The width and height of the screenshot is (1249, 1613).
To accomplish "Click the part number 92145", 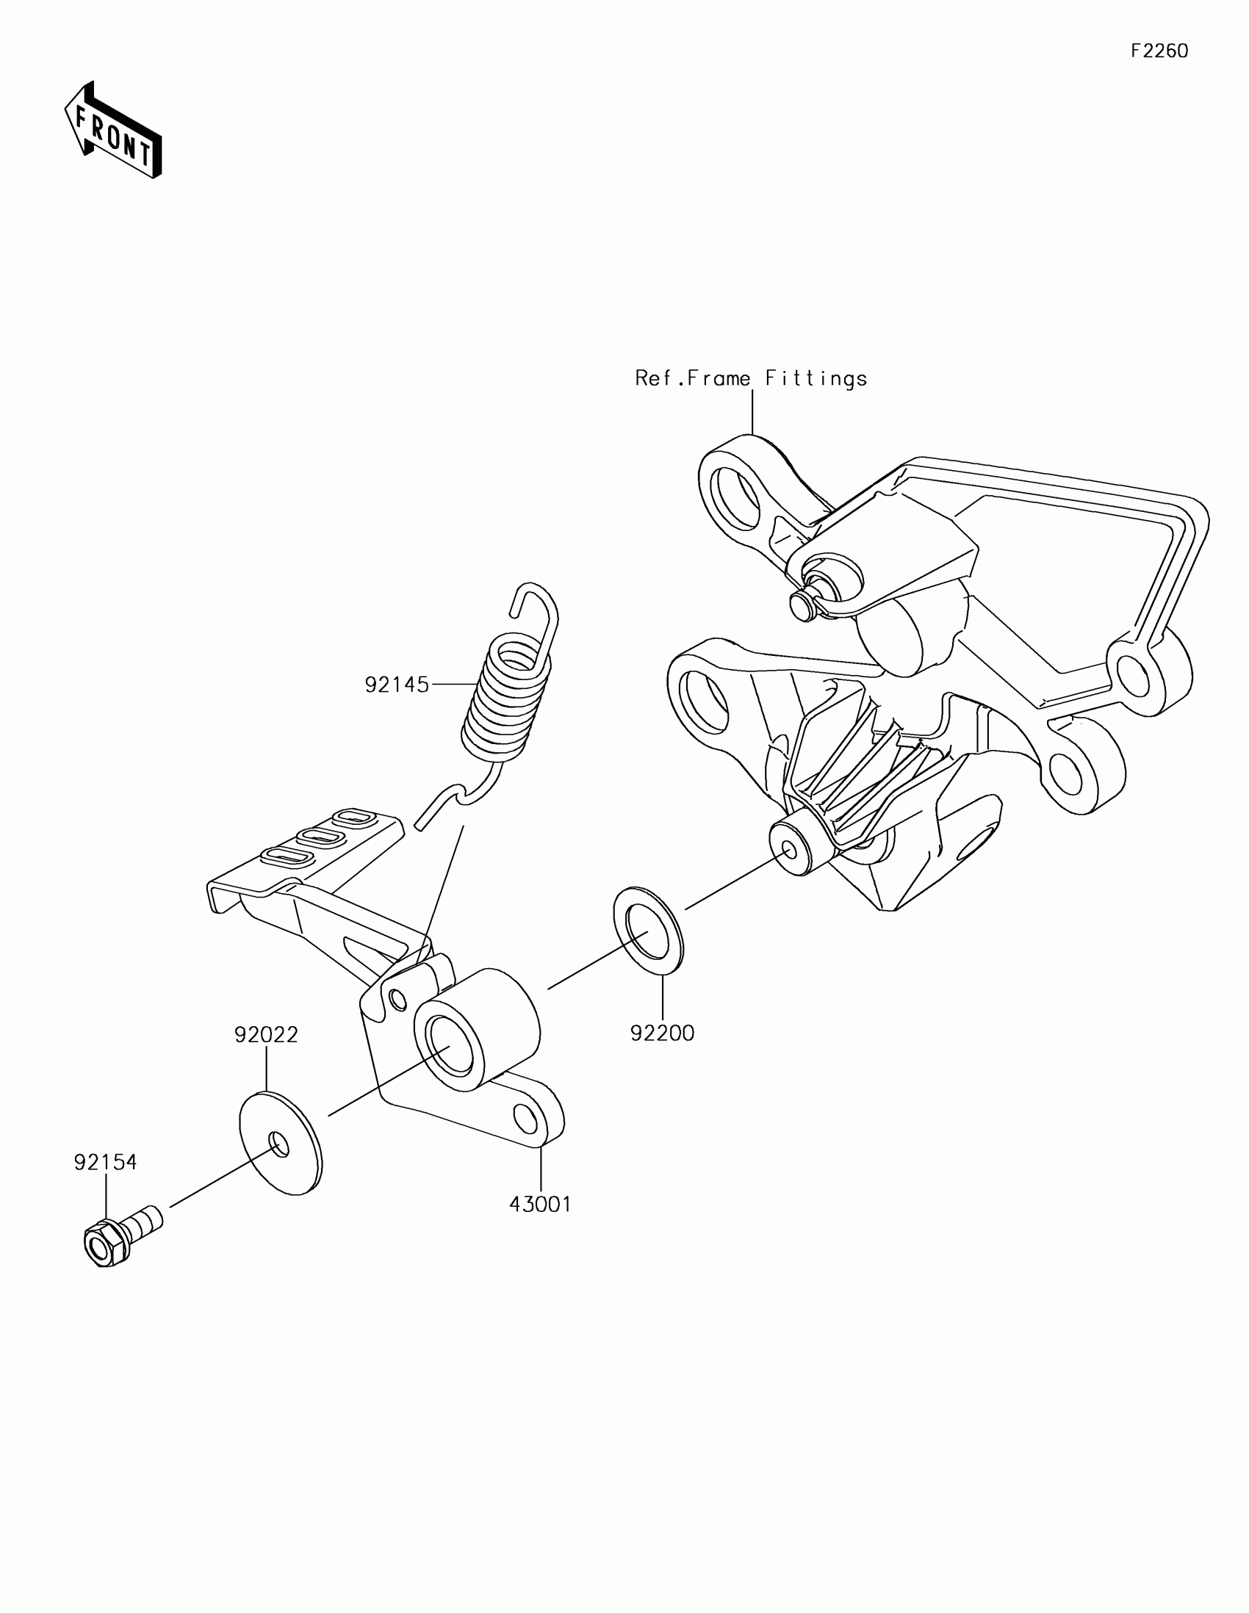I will pos(397,685).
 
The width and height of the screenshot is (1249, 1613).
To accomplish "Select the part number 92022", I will pos(266,1035).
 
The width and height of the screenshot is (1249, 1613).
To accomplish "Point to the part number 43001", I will pos(540,1205).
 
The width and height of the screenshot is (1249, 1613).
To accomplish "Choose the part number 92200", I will pos(662,1033).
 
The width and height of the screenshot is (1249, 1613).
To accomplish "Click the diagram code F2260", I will pos(1159,51).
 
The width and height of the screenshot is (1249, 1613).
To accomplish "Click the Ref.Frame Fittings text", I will pos(750,378).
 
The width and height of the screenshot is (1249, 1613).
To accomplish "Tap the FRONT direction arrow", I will pos(114,130).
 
